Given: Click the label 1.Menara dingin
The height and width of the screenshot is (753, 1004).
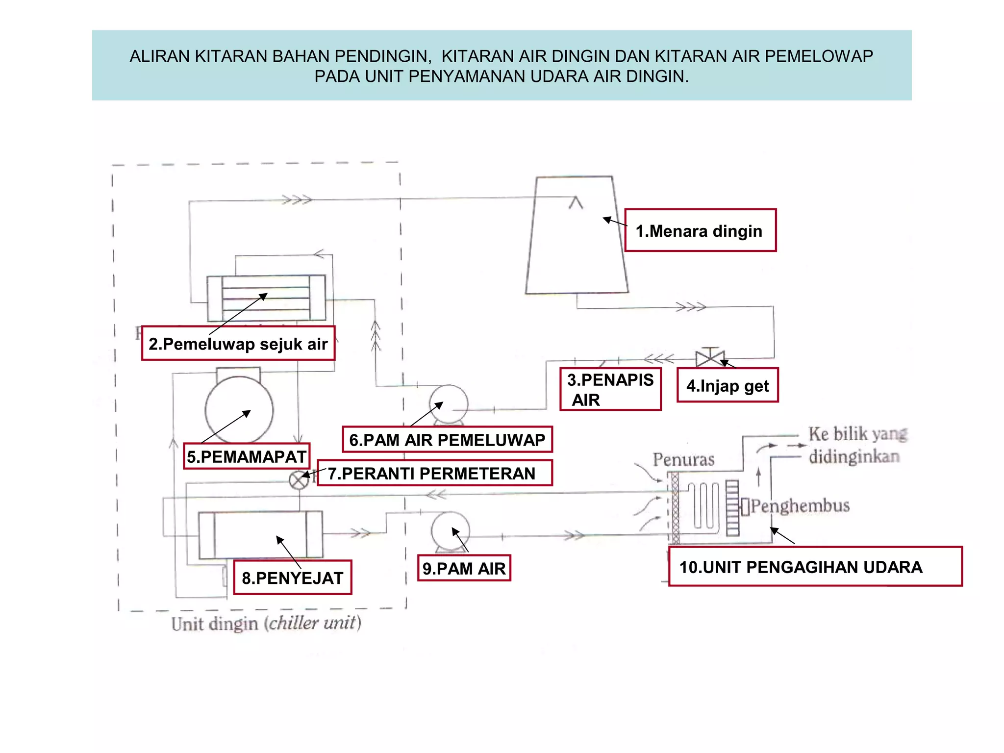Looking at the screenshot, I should [700, 230].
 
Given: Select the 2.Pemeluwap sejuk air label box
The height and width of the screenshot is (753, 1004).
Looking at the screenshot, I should [238, 344].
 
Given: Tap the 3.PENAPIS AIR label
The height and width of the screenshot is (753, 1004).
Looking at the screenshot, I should [610, 389].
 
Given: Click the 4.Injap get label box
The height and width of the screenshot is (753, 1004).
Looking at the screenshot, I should [728, 385].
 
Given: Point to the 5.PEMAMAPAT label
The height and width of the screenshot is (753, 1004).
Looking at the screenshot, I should [247, 456].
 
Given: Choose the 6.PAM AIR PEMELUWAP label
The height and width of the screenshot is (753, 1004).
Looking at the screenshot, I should [447, 440].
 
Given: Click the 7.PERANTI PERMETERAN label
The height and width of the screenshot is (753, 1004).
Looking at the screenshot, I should [434, 473].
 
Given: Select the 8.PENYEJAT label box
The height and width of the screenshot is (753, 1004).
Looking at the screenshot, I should [293, 577].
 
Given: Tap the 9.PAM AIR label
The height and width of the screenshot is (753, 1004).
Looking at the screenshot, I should [464, 568].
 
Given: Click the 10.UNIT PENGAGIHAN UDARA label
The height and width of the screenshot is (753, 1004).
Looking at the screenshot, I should [815, 567].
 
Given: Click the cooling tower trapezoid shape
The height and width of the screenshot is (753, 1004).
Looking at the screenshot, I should [577, 245].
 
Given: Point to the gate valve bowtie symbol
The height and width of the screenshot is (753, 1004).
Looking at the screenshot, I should [710, 358].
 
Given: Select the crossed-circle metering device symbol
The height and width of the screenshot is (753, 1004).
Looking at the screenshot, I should [299, 480].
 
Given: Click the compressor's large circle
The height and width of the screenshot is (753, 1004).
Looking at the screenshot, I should [239, 409].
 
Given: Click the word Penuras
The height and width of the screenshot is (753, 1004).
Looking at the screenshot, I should [683, 459].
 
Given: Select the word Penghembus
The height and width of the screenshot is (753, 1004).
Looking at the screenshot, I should [800, 505].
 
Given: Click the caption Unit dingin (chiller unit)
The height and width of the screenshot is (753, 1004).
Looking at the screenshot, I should [266, 623].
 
